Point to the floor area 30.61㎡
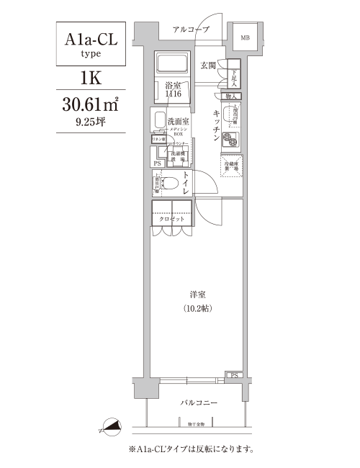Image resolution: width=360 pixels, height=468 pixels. point(91,103)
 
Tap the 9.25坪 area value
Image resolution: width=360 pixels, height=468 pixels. point(91,122)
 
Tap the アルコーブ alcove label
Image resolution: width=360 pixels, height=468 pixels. point(191,29)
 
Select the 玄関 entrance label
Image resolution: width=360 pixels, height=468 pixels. point(208,66)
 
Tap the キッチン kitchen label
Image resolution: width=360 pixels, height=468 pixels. point(217,127)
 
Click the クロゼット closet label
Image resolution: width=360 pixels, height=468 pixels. point(171,219)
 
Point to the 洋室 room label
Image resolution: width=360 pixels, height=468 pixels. point(199,294)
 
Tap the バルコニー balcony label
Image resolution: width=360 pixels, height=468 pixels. point(199,403)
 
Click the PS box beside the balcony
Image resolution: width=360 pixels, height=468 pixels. point(234,375)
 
